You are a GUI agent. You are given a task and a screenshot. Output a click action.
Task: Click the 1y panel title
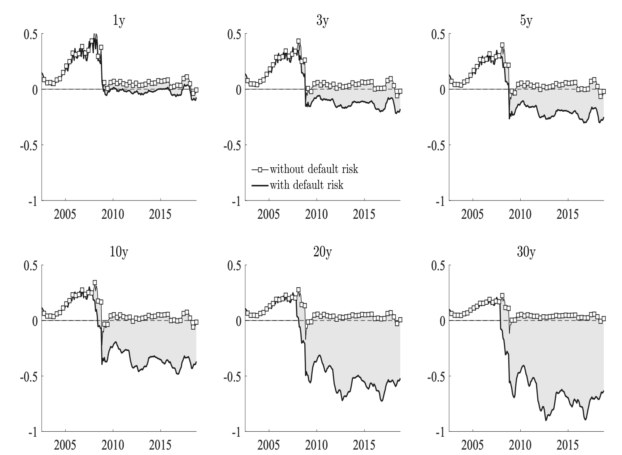click(x=119, y=21)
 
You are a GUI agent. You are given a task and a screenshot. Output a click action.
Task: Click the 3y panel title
click(x=322, y=21)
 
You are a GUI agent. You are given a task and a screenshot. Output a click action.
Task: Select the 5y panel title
click(x=526, y=21)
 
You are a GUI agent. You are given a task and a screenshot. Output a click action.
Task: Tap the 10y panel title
click(x=119, y=252)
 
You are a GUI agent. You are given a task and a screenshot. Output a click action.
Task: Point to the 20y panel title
click(x=322, y=252)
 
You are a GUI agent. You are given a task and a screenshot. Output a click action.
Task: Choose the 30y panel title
click(x=526, y=252)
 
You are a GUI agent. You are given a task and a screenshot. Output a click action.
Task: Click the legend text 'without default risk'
click(x=314, y=169)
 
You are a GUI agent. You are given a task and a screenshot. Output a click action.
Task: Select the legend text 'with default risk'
click(x=306, y=185)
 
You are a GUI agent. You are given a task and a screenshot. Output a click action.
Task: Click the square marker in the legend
click(x=260, y=170)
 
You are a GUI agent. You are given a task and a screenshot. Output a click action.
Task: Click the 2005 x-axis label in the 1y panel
click(x=65, y=214)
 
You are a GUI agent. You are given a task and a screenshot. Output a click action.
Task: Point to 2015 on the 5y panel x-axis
click(x=568, y=214)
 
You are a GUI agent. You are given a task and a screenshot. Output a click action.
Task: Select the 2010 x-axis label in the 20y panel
click(x=316, y=445)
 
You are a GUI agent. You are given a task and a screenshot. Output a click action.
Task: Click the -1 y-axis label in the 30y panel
click(x=441, y=433)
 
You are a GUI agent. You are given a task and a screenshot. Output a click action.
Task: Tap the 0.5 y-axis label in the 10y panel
click(x=31, y=266)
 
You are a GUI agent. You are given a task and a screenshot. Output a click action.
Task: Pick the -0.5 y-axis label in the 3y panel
click(x=232, y=145)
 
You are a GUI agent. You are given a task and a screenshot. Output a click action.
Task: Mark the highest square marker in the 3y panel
click(x=299, y=41)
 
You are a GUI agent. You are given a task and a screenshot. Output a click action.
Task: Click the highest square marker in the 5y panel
click(x=502, y=45)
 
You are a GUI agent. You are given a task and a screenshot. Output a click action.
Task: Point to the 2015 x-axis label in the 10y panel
click(x=160, y=445)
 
